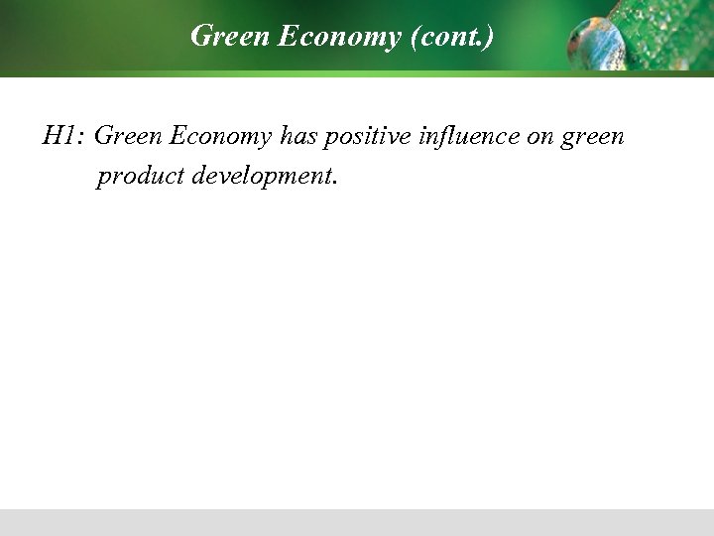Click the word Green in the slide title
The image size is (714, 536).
coord(219,38)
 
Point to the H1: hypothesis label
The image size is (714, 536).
coord(63,135)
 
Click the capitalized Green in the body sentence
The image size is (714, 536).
coord(127,135)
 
